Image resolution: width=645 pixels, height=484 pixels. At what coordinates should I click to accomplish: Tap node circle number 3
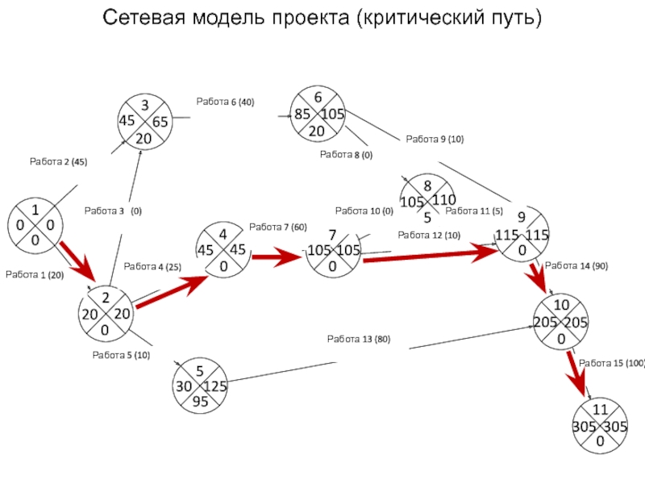(144, 121)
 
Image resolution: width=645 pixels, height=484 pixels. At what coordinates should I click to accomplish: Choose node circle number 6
(318, 114)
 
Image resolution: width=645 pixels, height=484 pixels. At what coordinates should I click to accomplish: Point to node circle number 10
(560, 322)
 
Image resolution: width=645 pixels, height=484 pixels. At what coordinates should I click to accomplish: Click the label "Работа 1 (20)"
(35, 275)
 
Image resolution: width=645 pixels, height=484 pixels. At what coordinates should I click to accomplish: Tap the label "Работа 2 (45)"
(58, 162)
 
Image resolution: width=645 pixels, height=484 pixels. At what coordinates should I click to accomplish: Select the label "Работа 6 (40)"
(225, 102)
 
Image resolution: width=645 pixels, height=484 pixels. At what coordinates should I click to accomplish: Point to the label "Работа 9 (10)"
(435, 140)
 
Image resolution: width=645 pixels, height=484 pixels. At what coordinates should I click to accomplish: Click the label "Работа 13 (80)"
(358, 339)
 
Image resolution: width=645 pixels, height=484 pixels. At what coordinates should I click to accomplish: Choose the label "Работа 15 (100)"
(612, 364)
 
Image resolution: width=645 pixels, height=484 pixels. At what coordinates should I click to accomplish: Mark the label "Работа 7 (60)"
(278, 227)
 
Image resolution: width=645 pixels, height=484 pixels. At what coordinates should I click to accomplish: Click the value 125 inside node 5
(215, 386)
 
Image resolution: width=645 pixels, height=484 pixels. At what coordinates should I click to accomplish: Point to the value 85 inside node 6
(302, 115)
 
